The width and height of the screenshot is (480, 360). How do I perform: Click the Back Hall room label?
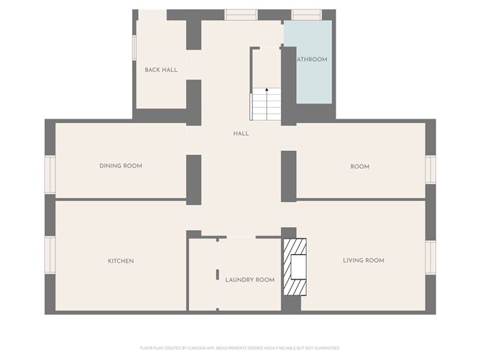(x=161, y=70)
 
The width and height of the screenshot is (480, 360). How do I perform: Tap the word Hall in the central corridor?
(x=241, y=133)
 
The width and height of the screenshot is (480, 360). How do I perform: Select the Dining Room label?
(x=121, y=166)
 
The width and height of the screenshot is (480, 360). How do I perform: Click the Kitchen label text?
(x=121, y=261)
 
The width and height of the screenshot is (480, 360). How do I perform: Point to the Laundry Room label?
(x=249, y=280)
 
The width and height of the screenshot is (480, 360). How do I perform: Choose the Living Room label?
(x=364, y=260)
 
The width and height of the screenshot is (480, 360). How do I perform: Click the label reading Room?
(x=360, y=167)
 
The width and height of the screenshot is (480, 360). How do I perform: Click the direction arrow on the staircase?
(x=267, y=91)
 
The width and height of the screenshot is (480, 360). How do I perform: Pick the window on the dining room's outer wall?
(x=50, y=174)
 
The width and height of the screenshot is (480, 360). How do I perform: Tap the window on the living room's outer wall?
(x=430, y=257)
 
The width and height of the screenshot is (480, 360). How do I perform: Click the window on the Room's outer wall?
(x=430, y=170)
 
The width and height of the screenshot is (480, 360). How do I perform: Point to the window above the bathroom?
(x=307, y=14)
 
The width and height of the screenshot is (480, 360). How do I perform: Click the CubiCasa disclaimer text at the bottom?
(x=240, y=348)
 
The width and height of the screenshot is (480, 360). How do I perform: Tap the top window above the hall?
(x=240, y=14)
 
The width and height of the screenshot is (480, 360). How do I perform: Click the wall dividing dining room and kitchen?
(x=121, y=198)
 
